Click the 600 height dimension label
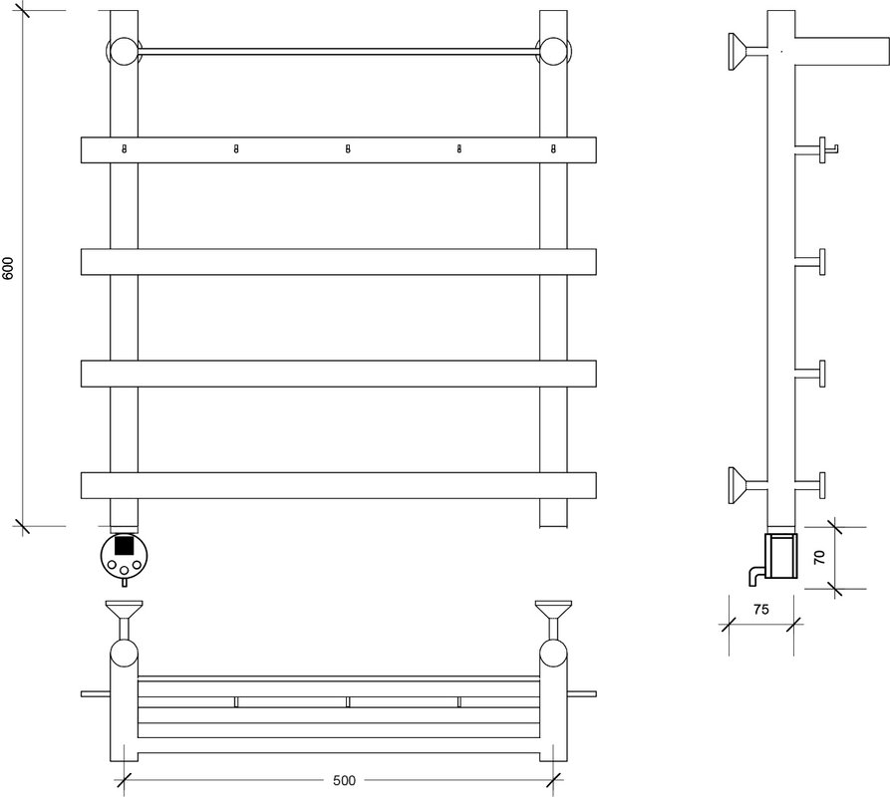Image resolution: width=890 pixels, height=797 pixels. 8,268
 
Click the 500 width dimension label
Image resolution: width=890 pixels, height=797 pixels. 344,780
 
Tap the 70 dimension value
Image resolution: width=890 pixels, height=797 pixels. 819,557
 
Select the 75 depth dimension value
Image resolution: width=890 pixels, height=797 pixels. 761,610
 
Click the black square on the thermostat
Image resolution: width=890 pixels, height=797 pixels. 124,545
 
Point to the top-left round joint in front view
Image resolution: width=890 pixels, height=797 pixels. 124,52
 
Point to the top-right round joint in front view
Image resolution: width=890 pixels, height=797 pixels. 553,52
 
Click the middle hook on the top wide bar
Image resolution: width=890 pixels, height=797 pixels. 348,149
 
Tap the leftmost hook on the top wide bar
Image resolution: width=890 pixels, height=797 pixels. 125,149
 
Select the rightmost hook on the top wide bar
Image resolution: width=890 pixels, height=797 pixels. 553,149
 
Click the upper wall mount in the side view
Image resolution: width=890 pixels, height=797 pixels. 746,52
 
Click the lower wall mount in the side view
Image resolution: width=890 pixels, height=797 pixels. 746,485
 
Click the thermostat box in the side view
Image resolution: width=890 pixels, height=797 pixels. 781,555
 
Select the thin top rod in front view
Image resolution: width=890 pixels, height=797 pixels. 338,52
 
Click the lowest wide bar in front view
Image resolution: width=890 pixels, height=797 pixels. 338,485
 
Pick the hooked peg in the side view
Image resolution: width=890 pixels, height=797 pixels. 816,149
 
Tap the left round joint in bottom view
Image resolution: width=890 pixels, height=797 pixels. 124,653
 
